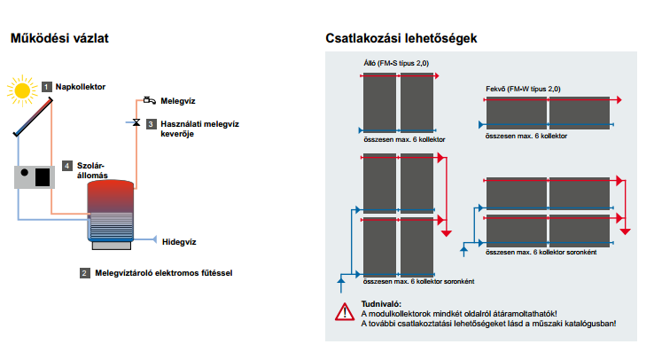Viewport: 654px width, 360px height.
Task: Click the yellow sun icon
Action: click(x=21, y=90)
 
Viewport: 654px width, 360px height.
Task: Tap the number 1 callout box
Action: click(x=47, y=87)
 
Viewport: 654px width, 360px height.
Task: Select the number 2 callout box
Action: click(x=85, y=273)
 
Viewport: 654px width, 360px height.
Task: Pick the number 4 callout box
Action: click(x=67, y=166)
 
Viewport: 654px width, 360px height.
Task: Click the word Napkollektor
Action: click(x=81, y=87)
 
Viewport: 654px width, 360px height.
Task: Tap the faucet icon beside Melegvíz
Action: click(x=149, y=100)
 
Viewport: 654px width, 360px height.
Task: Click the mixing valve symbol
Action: click(x=136, y=122)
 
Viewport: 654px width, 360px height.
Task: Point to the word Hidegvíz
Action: click(x=179, y=242)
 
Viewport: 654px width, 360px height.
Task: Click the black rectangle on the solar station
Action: click(x=43, y=177)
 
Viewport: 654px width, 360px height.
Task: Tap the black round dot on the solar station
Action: click(x=25, y=172)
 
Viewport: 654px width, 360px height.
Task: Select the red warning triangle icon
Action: click(x=345, y=312)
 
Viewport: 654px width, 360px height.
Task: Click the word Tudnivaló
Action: click(x=381, y=304)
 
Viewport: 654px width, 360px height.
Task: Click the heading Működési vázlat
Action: click(x=59, y=38)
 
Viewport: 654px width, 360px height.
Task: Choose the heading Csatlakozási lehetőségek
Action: click(x=401, y=38)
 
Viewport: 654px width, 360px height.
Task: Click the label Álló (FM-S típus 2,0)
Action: click(x=396, y=63)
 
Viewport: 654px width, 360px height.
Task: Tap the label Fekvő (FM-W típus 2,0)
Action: click(x=523, y=89)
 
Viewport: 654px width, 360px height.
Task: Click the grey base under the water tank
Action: click(x=112, y=246)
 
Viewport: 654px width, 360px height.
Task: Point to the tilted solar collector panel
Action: click(x=33, y=117)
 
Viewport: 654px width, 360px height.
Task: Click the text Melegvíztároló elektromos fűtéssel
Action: click(x=163, y=273)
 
